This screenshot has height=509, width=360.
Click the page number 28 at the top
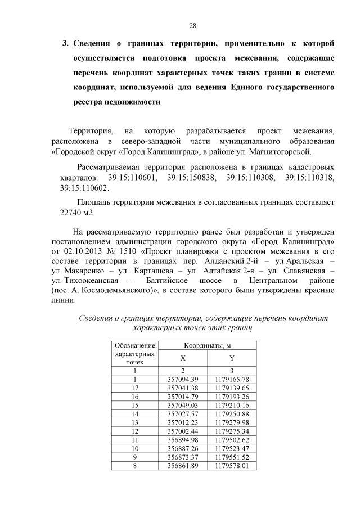pos(192,26)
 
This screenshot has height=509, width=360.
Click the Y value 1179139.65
pos(232,388)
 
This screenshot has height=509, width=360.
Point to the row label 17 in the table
pos(134,388)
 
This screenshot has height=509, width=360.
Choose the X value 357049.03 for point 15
pos(183,404)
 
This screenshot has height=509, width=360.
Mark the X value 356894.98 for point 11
pos(183,439)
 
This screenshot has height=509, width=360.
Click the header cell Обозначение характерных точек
pos(134,354)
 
